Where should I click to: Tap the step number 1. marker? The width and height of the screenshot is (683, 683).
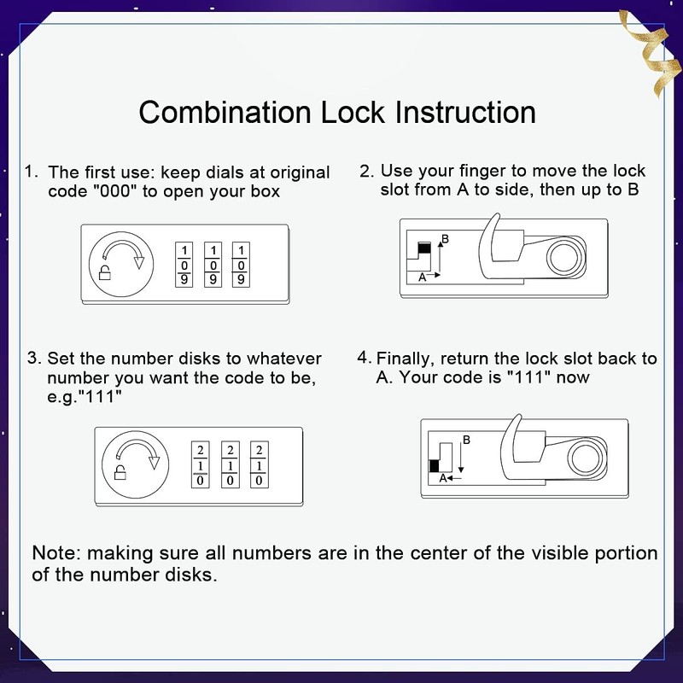coord(31,172)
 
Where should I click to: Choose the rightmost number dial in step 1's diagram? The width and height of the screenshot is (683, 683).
coord(242,264)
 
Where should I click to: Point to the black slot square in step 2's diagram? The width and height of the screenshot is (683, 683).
coord(423,248)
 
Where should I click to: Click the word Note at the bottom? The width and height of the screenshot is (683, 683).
coord(53,552)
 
